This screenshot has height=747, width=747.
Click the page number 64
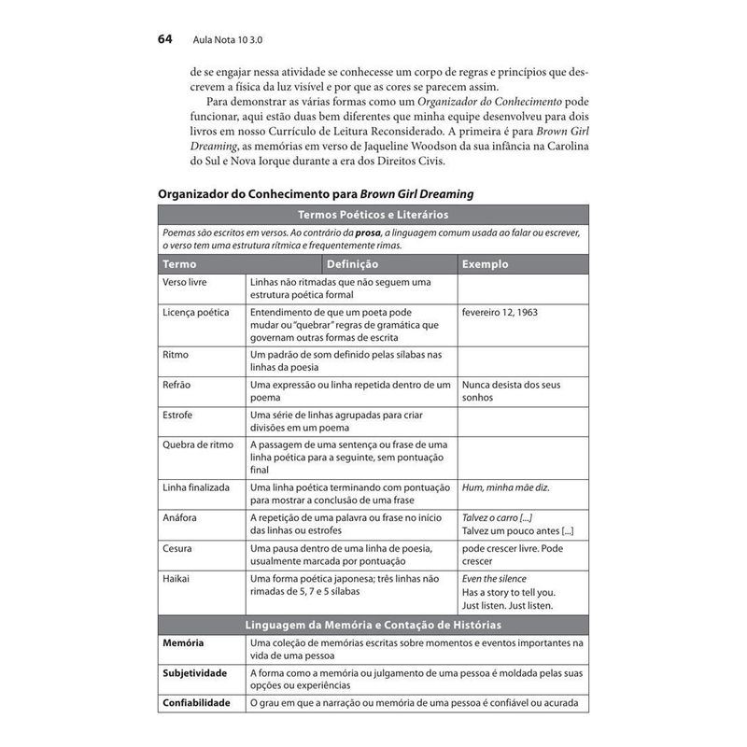pos(167,40)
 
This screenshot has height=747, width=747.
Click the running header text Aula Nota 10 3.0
pos(230,41)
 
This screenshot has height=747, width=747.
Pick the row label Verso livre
pos(185,281)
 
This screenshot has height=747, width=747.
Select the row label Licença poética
pos(195,312)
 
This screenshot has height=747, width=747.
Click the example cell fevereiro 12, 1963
pos(500,312)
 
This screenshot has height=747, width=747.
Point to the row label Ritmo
pos(176,355)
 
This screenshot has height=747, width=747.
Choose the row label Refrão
pos(178,385)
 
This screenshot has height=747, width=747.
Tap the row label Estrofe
pos(179,415)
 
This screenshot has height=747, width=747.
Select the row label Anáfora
pos(181,516)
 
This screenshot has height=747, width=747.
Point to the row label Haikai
pos(176,578)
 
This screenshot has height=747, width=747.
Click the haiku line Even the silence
pos(494,578)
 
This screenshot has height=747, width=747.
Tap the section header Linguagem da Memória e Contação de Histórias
pos(373,624)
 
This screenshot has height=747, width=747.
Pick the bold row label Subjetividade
pos(196,672)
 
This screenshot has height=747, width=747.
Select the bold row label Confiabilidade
pos(198,702)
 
